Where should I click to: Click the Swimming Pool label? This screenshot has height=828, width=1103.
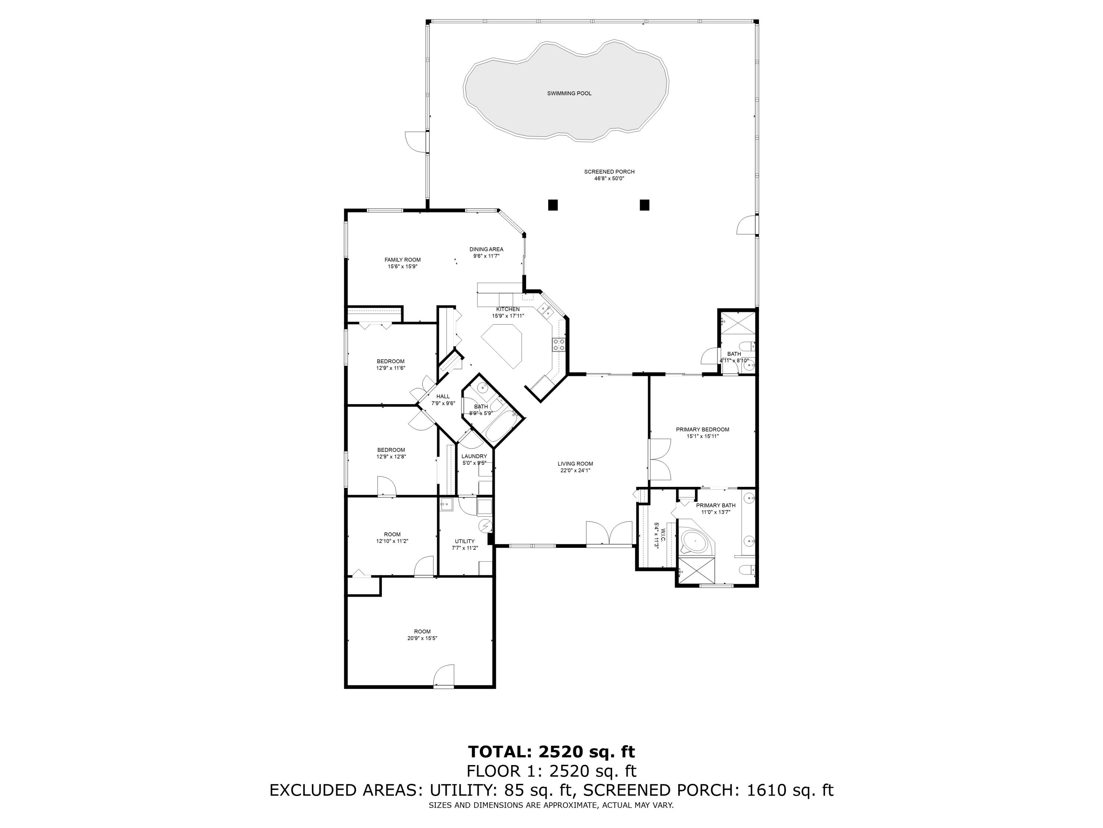[569, 93]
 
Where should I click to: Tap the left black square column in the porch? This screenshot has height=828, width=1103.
[553, 205]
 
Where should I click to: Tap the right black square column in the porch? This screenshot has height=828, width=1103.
[644, 205]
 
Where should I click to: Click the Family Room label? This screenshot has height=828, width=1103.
[402, 259]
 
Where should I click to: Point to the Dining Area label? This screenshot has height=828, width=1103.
[486, 249]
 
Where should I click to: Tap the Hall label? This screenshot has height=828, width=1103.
[443, 397]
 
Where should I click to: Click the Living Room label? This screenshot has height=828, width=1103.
[575, 464]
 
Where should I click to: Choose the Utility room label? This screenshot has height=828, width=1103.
[465, 541]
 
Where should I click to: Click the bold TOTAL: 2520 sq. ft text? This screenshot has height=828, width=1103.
[551, 751]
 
